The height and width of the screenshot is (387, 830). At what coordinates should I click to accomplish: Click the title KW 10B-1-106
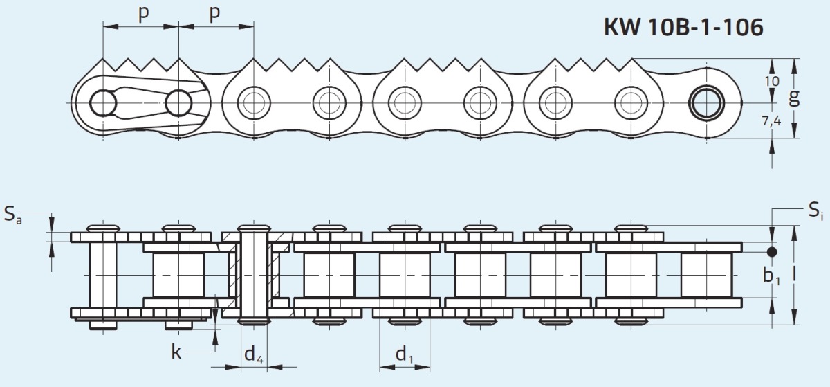683,27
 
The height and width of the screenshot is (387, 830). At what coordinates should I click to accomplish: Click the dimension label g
794,98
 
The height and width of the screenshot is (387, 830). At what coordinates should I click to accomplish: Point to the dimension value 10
771,81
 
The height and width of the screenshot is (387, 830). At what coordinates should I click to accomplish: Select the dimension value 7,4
772,121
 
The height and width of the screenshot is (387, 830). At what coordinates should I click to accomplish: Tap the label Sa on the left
13,215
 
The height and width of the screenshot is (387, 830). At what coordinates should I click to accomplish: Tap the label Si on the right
815,210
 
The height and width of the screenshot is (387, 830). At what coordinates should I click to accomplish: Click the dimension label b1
772,276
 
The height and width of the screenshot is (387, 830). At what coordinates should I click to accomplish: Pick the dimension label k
176,352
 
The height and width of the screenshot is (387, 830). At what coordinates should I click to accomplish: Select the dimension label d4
254,354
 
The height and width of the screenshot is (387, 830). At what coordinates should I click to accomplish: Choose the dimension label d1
405,354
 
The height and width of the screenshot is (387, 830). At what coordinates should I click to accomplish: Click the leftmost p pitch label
143,14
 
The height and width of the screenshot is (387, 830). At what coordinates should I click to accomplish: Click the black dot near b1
772,252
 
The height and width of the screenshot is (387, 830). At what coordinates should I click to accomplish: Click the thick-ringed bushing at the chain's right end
706,102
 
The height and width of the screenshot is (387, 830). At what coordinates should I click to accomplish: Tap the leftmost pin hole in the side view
103,102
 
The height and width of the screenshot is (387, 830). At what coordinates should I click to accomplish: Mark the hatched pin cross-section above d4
254,275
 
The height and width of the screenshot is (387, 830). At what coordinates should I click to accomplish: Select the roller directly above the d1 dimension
405,275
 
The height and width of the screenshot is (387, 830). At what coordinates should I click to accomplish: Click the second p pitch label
214,14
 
